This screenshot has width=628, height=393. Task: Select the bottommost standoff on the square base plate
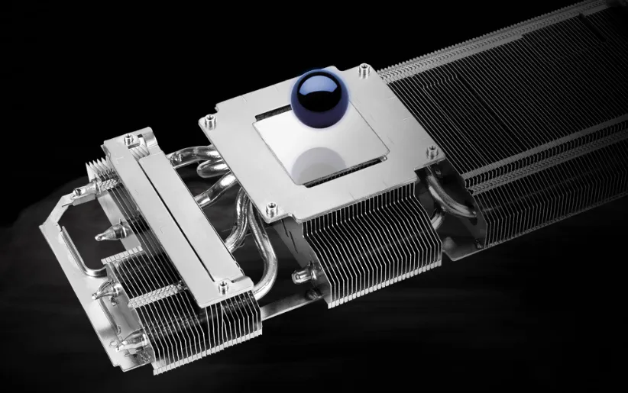coord(270,205)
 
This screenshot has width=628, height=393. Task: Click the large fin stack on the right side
coord(520,130)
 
